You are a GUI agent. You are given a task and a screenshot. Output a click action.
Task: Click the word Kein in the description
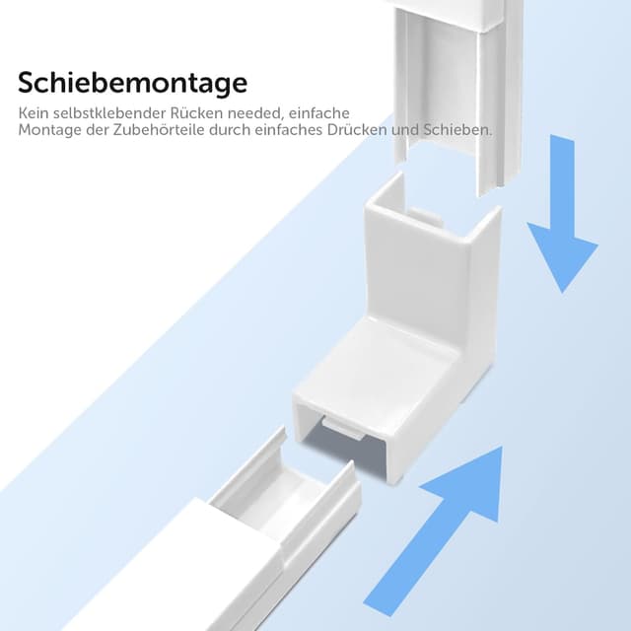pyautogui.click(x=33, y=114)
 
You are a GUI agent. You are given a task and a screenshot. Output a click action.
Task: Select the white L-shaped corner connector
pyautogui.click(x=414, y=325)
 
